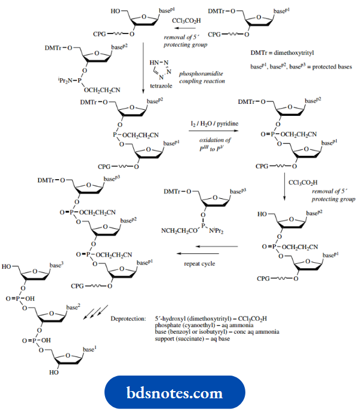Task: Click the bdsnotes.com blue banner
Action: pos(180,393)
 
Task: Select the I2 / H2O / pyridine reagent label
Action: pos(213,123)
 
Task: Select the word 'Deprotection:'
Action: pos(127,319)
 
